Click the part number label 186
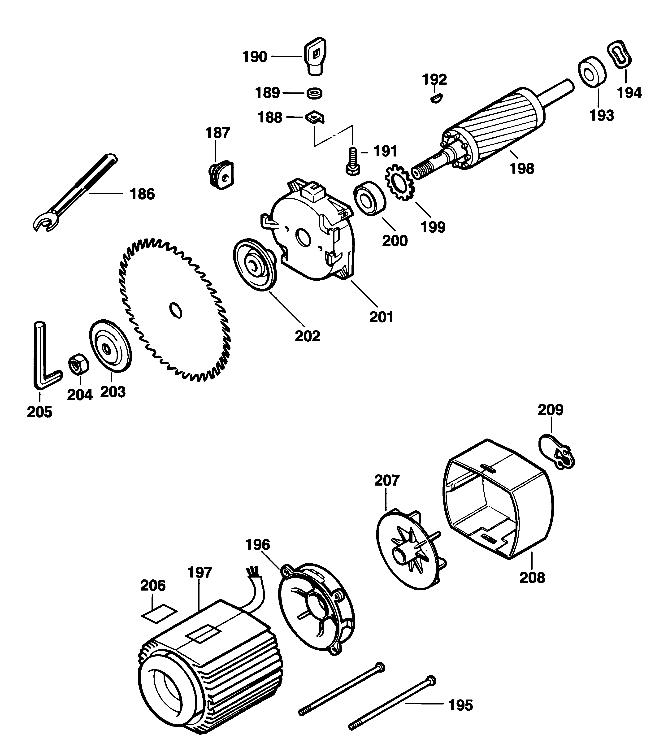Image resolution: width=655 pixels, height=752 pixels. (x=143, y=194)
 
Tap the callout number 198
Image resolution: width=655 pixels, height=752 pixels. (x=522, y=169)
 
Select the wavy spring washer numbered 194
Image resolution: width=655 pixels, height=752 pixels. (x=620, y=54)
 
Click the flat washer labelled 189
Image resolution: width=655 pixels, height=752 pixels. (x=314, y=93)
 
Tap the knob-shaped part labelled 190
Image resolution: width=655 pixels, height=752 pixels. (x=315, y=57)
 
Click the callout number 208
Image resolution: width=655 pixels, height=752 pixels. (x=532, y=578)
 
